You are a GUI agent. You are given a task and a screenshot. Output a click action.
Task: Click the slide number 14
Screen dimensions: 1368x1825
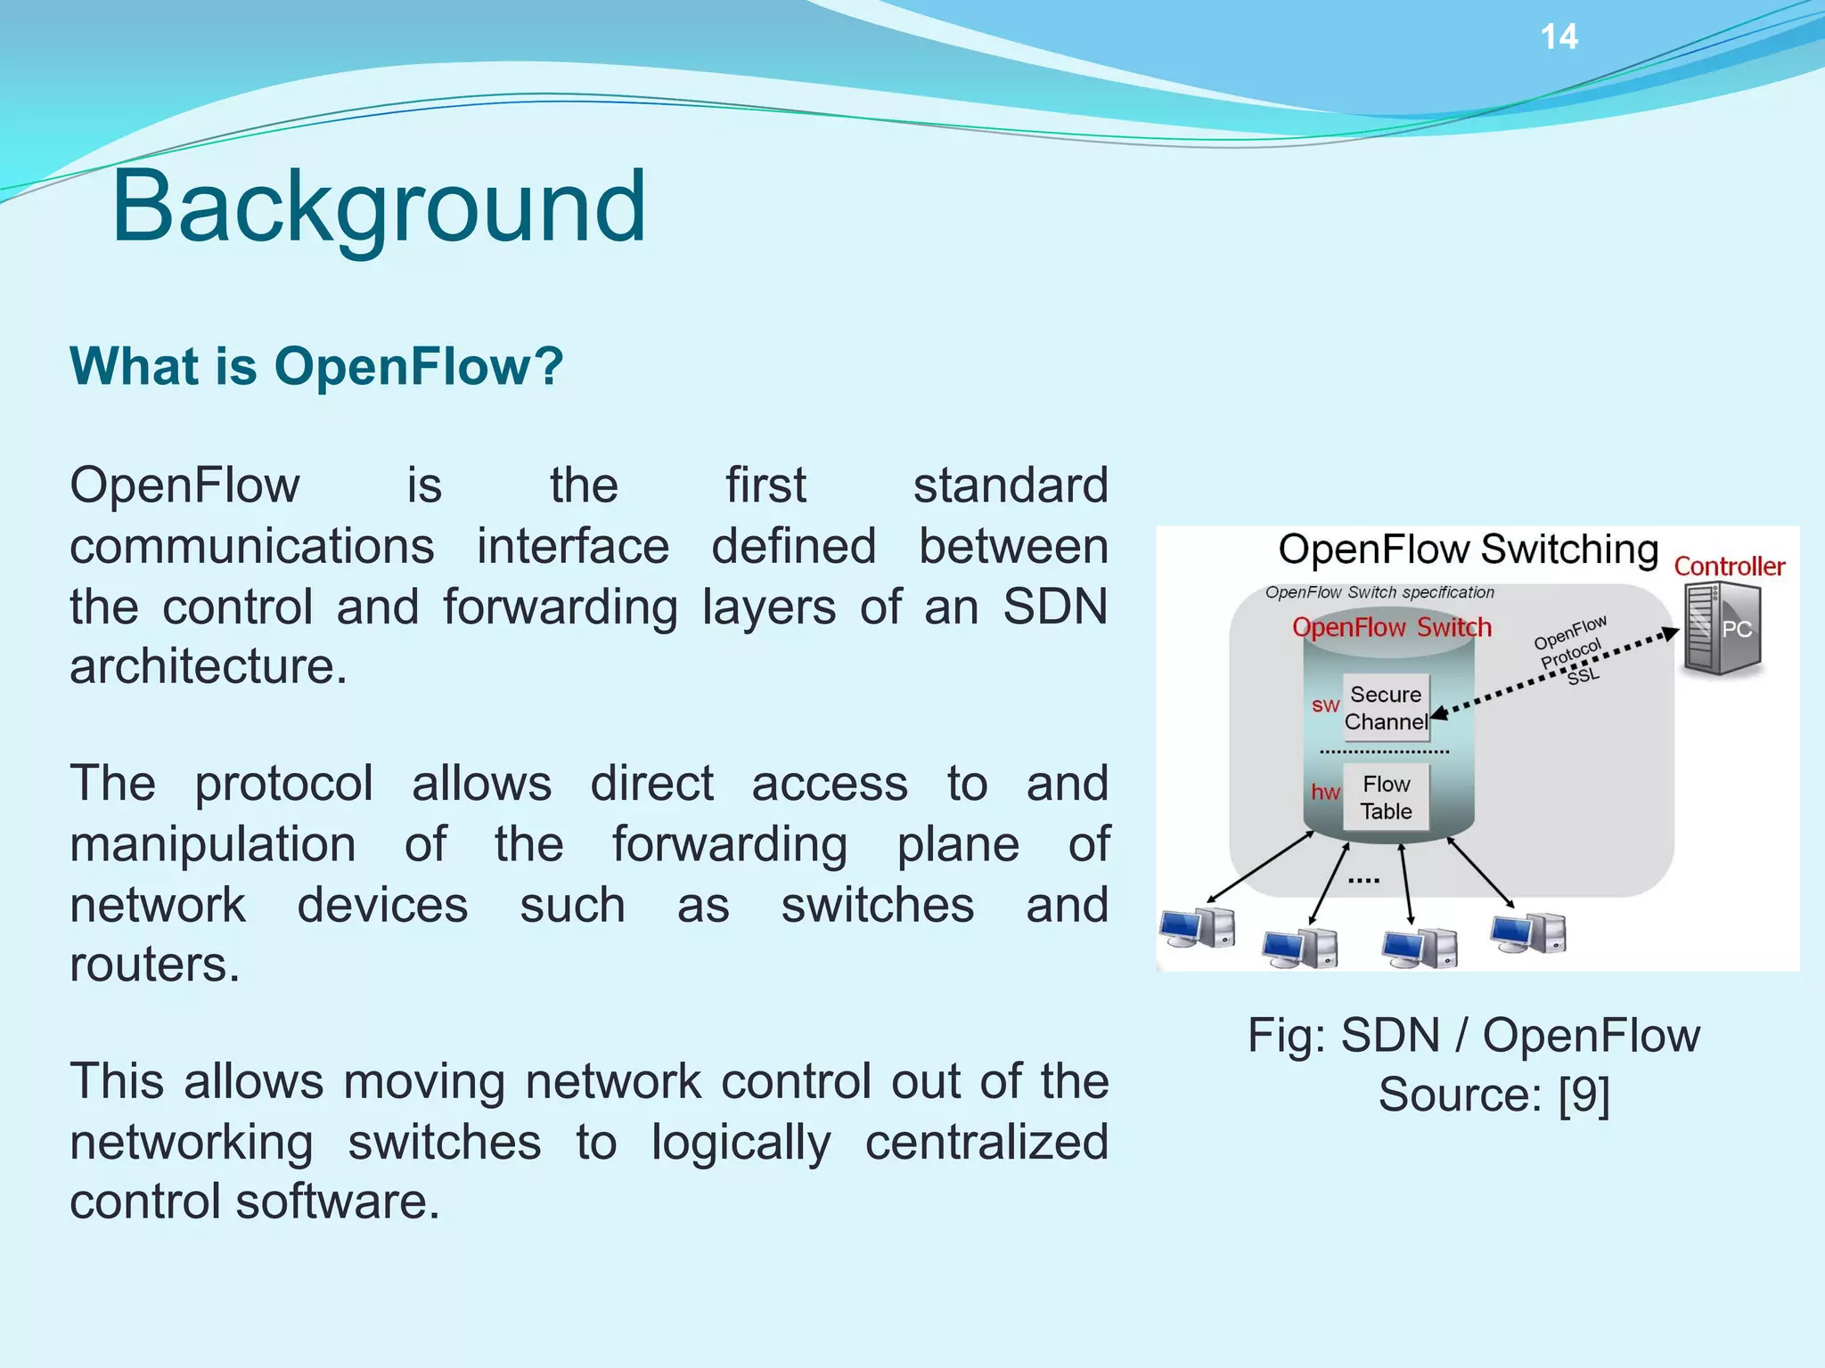(1559, 37)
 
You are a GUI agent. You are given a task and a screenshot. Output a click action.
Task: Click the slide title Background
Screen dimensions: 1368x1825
(379, 207)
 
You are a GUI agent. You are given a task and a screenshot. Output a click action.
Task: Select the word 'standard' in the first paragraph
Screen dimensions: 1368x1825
(1011, 486)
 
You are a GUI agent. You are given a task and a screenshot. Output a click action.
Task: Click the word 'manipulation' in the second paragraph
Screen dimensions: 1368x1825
(213, 844)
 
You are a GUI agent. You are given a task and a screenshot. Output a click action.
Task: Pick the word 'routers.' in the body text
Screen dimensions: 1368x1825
(155, 965)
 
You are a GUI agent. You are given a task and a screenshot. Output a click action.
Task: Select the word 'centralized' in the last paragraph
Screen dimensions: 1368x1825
(986, 1143)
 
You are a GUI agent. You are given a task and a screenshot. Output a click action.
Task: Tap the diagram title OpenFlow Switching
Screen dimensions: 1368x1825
(1468, 550)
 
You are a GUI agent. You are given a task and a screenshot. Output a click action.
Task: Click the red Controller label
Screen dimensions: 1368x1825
(1729, 566)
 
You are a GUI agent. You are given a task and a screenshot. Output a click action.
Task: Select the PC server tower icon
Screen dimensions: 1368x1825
(1721, 629)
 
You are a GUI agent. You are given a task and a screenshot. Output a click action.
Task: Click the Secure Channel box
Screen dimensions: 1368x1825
(1386, 708)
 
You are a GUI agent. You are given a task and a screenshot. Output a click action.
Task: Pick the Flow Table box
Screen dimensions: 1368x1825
(1386, 797)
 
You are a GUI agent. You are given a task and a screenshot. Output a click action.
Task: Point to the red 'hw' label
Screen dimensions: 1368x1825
(1325, 792)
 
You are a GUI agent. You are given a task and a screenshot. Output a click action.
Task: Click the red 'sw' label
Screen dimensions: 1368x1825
(1325, 705)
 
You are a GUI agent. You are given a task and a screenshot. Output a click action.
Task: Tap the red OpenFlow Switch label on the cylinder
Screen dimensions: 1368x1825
(1391, 628)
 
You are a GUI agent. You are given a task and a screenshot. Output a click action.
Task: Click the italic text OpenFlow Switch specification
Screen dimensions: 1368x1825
(1379, 593)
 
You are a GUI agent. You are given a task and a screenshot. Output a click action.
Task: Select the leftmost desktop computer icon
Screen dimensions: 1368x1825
(1199, 930)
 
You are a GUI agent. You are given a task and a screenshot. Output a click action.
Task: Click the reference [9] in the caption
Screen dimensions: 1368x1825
(1584, 1095)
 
